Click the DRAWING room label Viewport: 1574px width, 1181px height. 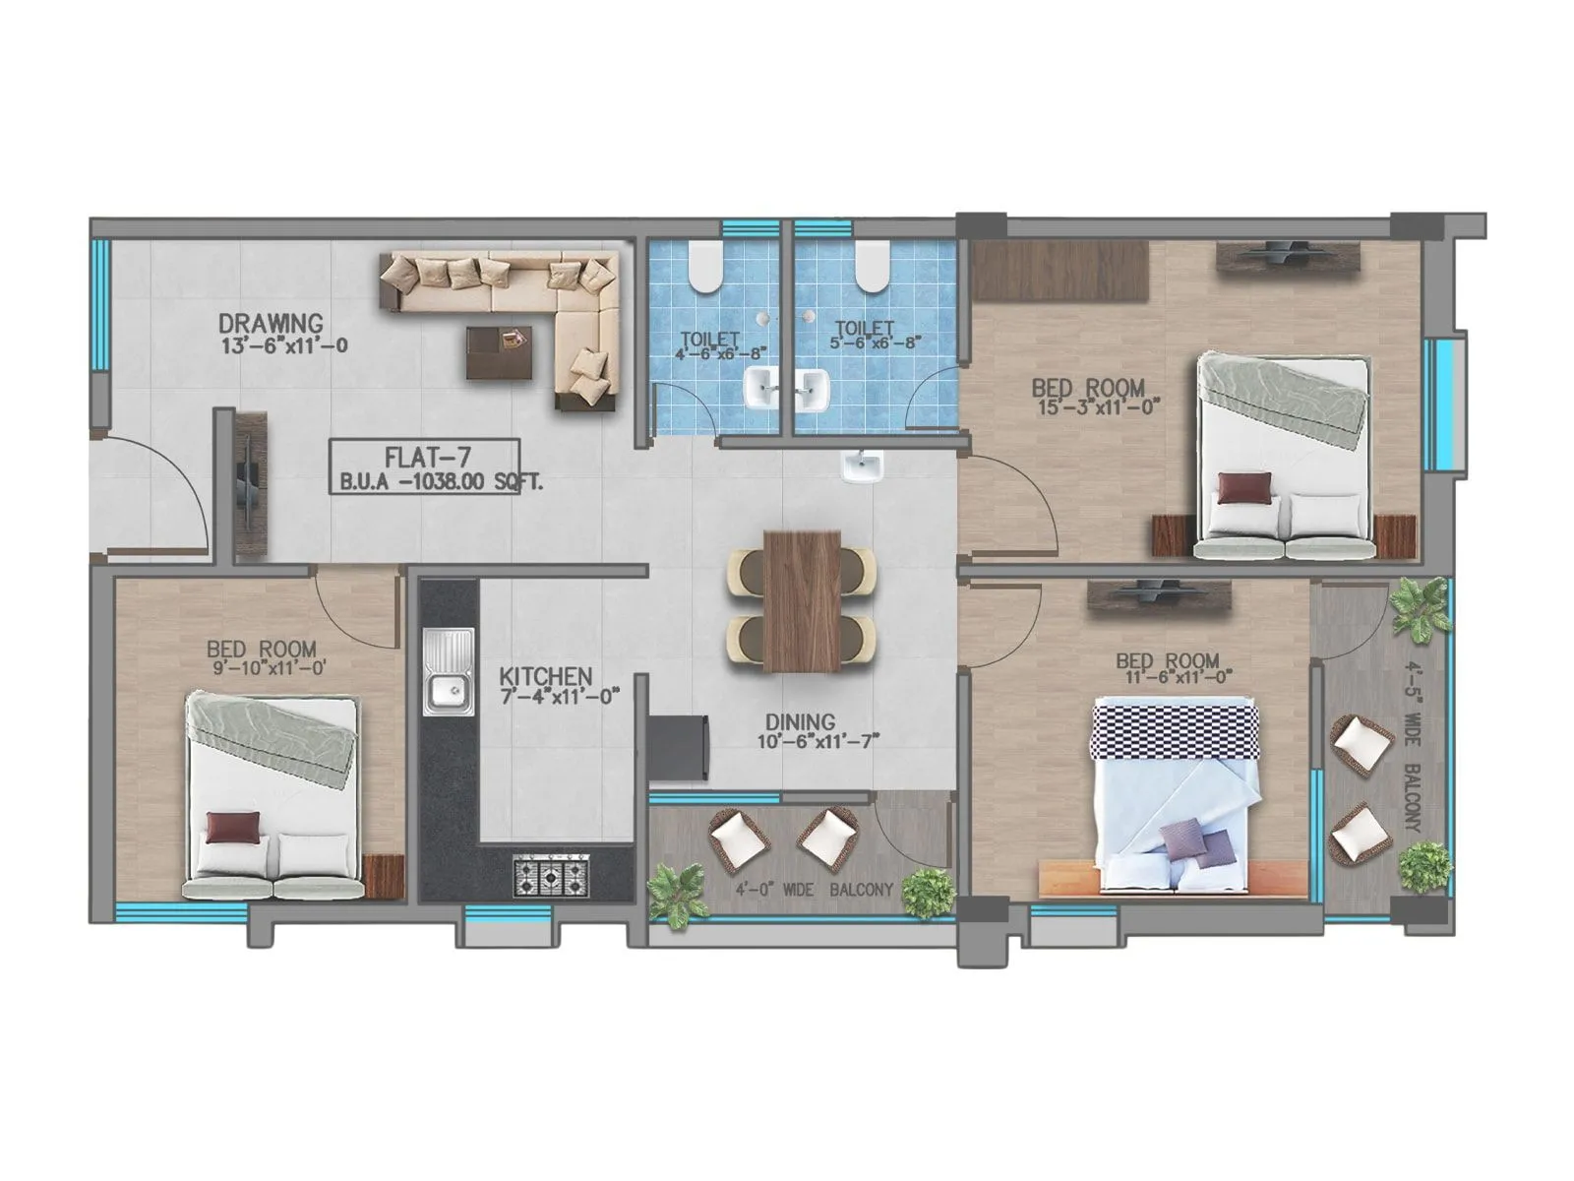point(271,323)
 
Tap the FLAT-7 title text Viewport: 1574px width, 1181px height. point(427,458)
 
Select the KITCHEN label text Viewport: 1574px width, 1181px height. point(545,677)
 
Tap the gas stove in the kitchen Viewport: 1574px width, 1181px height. point(552,875)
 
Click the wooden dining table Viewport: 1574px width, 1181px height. point(802,600)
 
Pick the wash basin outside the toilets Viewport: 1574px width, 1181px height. point(863,467)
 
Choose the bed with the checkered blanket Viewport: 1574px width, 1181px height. point(1176,787)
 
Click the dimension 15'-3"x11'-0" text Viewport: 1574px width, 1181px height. point(1100,405)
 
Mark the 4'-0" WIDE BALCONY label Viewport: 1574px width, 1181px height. point(814,890)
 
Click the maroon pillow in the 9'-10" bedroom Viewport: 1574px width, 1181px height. point(233,827)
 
